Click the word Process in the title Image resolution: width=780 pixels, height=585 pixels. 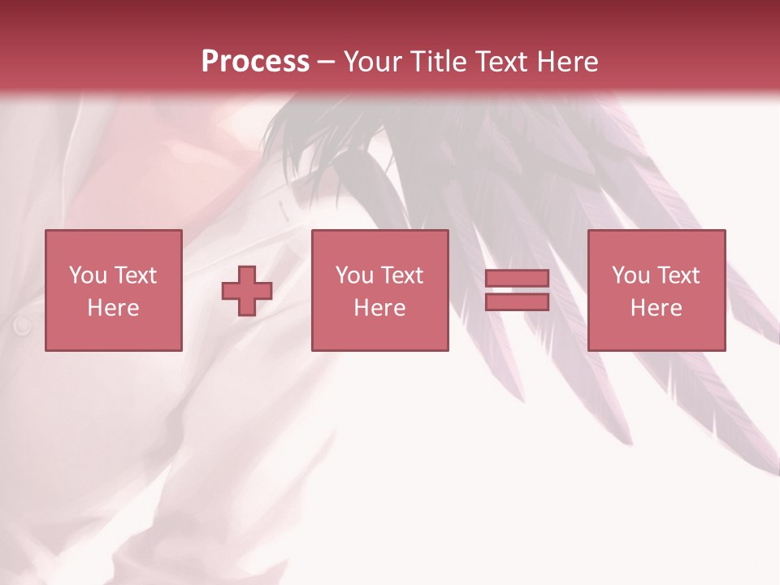point(255,62)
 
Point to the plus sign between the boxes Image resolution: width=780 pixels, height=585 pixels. point(247,291)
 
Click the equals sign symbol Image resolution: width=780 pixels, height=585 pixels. point(517,290)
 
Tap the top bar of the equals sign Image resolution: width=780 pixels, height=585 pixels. point(517,279)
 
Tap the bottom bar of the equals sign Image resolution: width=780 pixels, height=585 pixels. point(517,302)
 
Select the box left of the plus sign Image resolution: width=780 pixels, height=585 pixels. point(113,291)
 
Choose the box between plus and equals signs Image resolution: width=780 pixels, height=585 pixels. point(379,291)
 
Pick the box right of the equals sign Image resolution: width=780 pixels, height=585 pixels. point(656,291)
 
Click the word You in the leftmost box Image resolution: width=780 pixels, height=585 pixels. point(89,275)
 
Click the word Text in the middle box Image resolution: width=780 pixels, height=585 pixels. point(401,275)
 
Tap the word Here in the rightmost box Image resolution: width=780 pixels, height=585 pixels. point(656,308)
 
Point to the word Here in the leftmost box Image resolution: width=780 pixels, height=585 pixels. point(113,308)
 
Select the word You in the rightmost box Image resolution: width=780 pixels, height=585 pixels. point(631,275)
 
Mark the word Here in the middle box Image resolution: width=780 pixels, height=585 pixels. point(379,308)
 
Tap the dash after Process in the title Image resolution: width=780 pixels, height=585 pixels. point(327,63)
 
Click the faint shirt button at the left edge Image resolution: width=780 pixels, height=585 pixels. point(22,326)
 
